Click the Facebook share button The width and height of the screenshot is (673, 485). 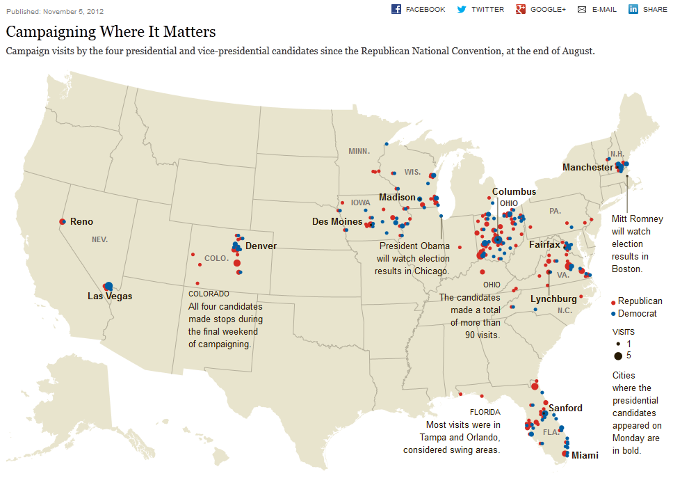click(419, 9)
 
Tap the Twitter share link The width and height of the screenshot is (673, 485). click(480, 9)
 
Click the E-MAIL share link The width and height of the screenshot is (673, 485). click(597, 9)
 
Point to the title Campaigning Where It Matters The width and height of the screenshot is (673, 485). click(111, 32)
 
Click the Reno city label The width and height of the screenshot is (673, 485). click(81, 221)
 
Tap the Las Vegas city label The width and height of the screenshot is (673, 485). click(110, 296)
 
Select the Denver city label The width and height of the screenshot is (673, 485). click(261, 246)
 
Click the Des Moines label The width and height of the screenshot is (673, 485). click(337, 222)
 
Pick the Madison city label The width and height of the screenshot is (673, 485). click(397, 198)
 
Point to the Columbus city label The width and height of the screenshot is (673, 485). click(514, 191)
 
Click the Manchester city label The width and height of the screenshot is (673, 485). click(587, 168)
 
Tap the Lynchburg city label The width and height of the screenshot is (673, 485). click(553, 299)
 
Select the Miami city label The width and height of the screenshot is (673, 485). click(585, 455)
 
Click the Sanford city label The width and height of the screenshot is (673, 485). click(565, 408)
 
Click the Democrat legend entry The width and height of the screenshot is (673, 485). click(637, 314)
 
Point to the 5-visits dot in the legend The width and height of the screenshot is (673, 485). click(617, 356)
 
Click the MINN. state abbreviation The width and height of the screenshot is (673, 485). click(359, 151)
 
